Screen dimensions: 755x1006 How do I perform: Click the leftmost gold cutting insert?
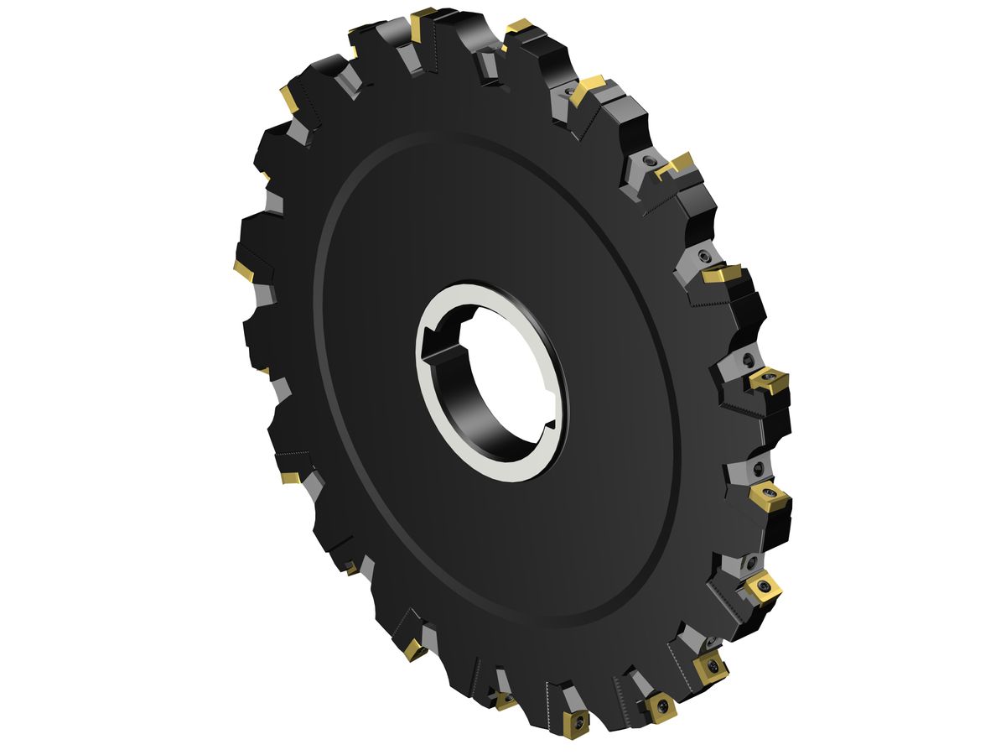click(243, 270)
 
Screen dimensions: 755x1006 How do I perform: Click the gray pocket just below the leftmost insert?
click(264, 294)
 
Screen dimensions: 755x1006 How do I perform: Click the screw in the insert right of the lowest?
click(660, 706)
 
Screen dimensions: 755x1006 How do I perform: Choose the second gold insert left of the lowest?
click(413, 648)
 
